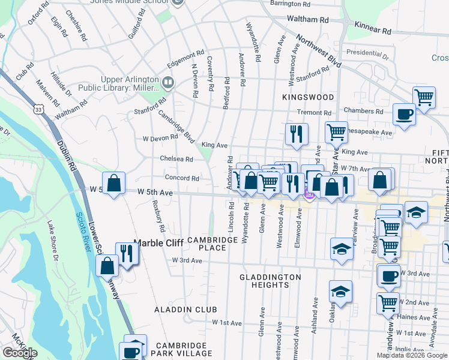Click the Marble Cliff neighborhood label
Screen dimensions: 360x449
(x=156, y=243)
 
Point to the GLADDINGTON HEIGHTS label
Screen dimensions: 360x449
(x=270, y=281)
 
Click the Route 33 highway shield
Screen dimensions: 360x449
(x=39, y=110)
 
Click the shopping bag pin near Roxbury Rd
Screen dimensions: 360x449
(x=113, y=182)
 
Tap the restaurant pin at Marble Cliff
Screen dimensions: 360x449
(x=127, y=253)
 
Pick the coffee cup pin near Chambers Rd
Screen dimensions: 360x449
(x=404, y=113)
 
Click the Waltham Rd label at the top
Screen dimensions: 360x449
(x=308, y=20)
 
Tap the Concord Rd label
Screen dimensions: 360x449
(x=182, y=178)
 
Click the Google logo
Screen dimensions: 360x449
(x=20, y=353)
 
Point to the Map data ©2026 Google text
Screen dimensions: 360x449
(x=412, y=355)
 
